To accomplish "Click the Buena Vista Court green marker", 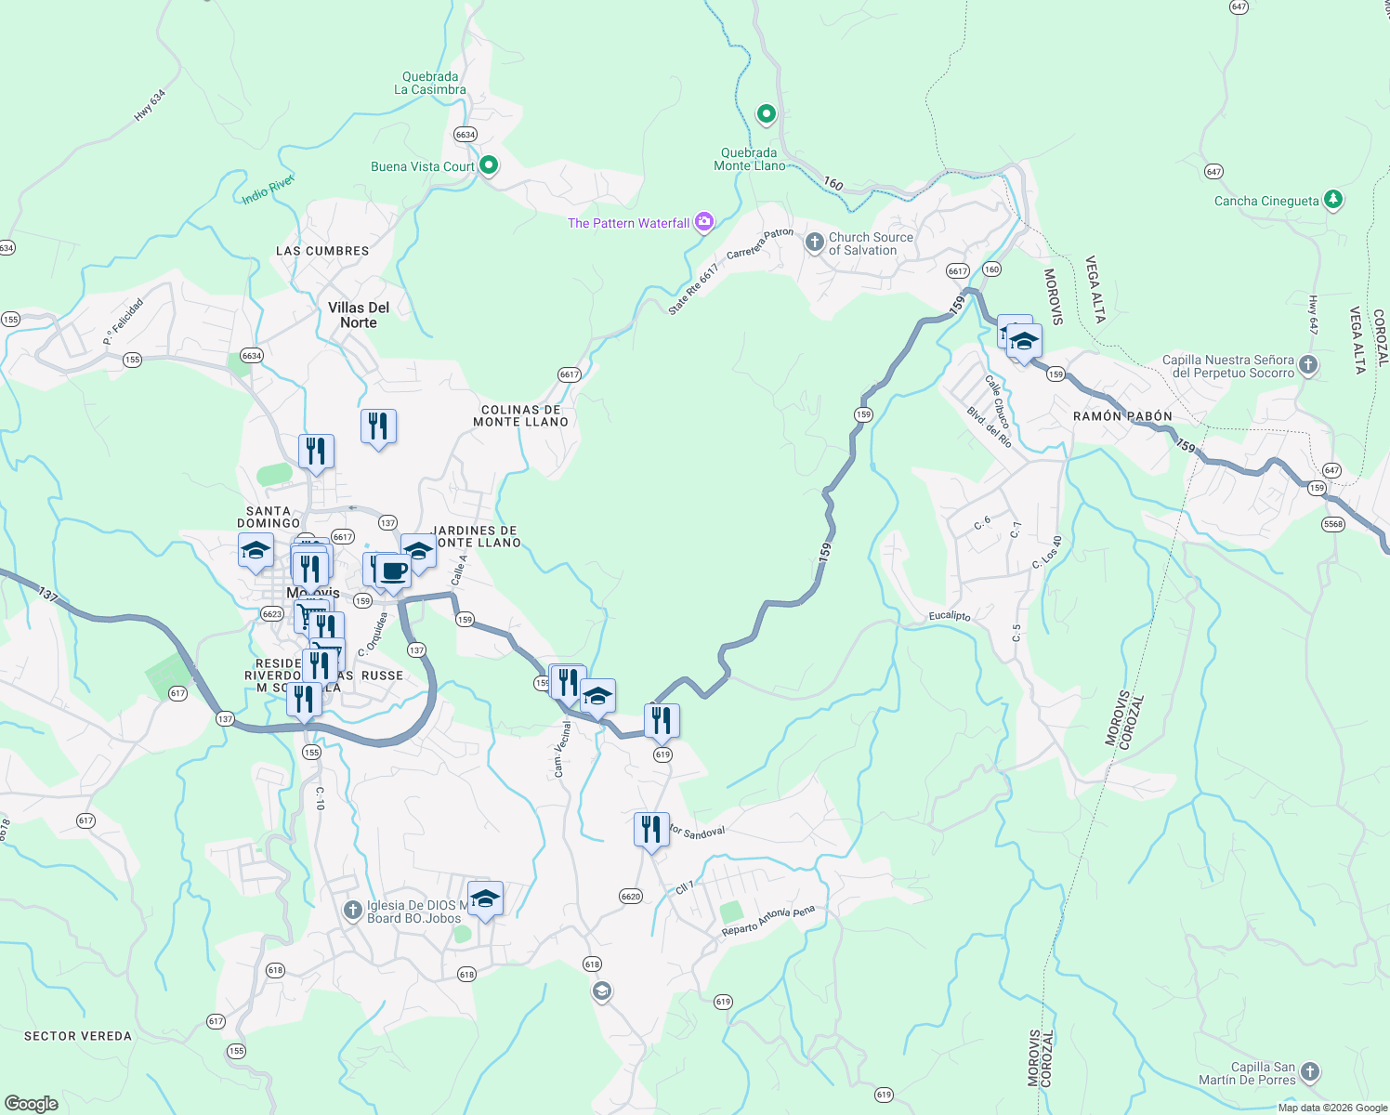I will [489, 165].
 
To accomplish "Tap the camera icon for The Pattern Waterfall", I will [704, 221].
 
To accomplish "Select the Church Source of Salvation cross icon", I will [814, 243].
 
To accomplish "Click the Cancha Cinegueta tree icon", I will [1333, 199].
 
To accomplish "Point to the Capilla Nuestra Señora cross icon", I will [1308, 365].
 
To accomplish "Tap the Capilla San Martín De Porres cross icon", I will [1310, 1072].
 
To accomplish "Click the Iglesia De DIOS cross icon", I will [352, 910].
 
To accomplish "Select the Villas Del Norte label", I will [359, 315].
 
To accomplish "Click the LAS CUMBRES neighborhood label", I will [322, 251].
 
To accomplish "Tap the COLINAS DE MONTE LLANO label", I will [520, 415].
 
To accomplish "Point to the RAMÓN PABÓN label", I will [1122, 416].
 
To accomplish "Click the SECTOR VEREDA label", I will [78, 1036].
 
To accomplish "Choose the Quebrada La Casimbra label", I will [430, 84].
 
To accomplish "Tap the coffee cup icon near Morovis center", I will [393, 571].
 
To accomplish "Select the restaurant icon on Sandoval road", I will [651, 829].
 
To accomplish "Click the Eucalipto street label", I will [950, 616].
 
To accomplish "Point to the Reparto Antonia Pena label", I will [767, 921].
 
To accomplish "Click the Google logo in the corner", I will [31, 1103].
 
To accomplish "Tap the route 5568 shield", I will [1333, 524].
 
